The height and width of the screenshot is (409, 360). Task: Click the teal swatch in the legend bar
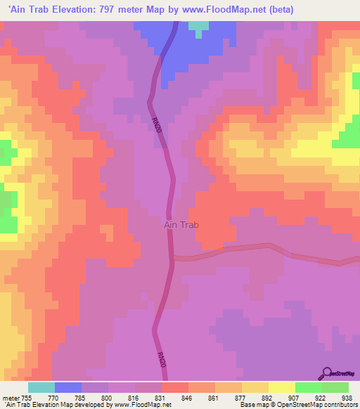point(41,387)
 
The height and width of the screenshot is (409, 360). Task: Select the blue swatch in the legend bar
point(68,387)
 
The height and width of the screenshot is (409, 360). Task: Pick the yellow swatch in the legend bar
point(281,387)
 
